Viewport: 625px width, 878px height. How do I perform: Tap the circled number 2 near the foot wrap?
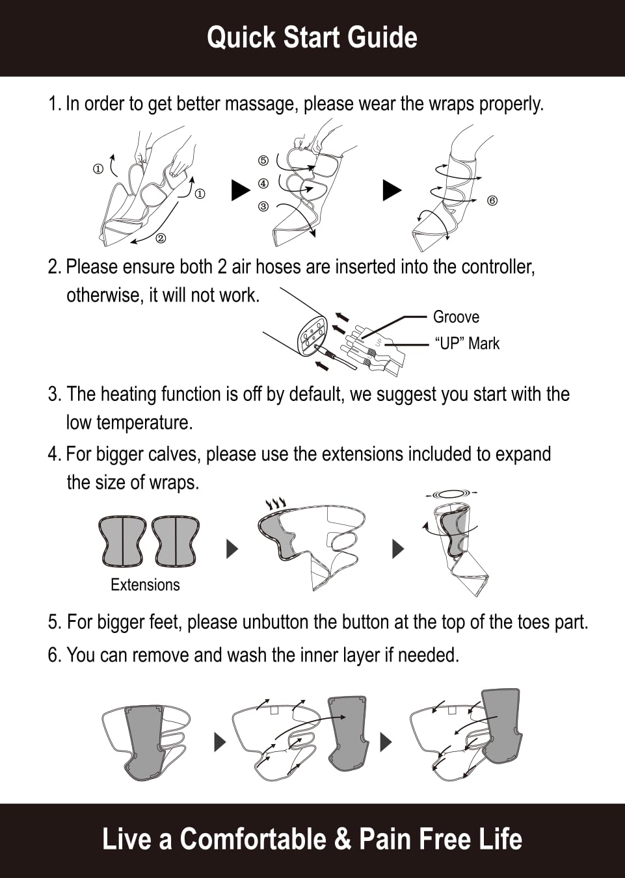click(x=161, y=238)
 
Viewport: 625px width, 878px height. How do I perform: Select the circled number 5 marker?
click(x=263, y=161)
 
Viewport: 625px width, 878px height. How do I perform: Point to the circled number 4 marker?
click(x=263, y=183)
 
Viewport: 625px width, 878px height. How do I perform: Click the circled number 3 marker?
click(x=263, y=206)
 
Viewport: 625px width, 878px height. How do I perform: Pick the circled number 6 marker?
click(x=492, y=201)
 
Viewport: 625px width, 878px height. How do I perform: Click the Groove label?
click(x=456, y=316)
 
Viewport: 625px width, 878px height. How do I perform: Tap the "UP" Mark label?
click(x=467, y=343)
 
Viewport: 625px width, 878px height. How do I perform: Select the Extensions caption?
click(x=145, y=584)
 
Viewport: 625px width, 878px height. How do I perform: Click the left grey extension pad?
click(x=123, y=541)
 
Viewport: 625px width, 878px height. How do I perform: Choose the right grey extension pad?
click(x=176, y=541)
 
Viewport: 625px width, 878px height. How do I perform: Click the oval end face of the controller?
click(x=312, y=333)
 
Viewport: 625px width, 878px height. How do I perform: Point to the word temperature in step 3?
click(x=144, y=422)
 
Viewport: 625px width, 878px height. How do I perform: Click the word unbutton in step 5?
click(x=273, y=622)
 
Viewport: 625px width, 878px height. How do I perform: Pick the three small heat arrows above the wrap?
click(x=275, y=503)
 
